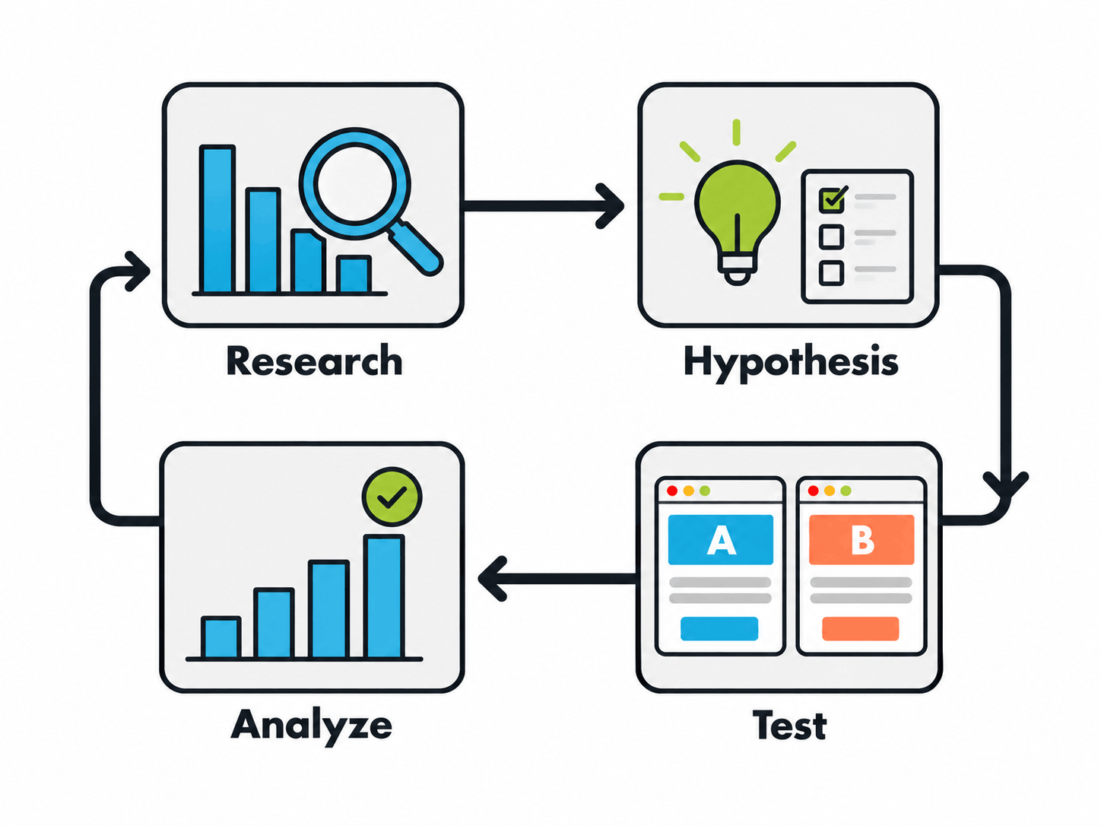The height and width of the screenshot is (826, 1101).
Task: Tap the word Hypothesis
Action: (x=791, y=363)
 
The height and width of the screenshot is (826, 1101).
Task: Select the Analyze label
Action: (x=311, y=726)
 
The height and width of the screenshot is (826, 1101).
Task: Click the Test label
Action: (x=789, y=725)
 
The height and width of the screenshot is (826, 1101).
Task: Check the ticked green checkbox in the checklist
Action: (x=832, y=199)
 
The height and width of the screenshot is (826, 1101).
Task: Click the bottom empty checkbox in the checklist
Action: (x=831, y=273)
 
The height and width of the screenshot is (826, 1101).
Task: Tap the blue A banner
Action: (x=720, y=539)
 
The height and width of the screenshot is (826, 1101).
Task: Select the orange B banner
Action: (x=861, y=539)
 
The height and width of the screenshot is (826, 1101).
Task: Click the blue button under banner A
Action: (x=719, y=628)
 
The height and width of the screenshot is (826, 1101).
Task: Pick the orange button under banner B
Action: (x=860, y=628)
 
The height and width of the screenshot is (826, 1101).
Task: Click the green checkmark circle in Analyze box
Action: (x=392, y=497)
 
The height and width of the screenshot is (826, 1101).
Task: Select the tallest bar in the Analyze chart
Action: (x=384, y=596)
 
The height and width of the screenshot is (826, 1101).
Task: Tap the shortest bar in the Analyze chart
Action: (x=221, y=637)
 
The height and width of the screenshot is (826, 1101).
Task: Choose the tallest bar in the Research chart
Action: (x=217, y=218)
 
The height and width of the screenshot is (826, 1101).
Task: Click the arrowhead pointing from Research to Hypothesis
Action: (x=610, y=206)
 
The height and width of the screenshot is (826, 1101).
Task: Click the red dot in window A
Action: (x=672, y=491)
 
